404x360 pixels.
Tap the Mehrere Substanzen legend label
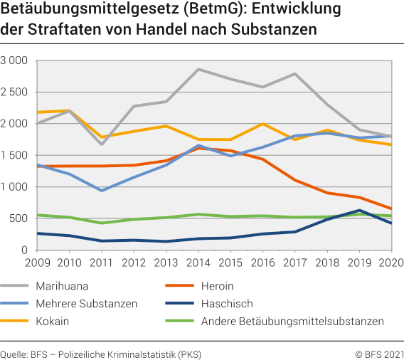pyautogui.click(x=87, y=304)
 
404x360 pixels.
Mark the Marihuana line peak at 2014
pyautogui.click(x=198, y=69)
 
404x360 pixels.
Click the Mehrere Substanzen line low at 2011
pyautogui.click(x=101, y=191)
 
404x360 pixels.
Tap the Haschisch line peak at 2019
pyautogui.click(x=360, y=210)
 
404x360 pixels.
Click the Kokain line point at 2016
pyautogui.click(x=262, y=124)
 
